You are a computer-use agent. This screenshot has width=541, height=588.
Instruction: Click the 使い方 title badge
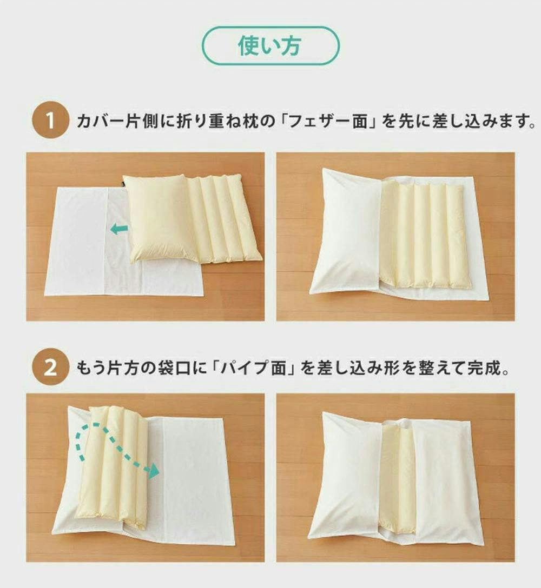pos(270,46)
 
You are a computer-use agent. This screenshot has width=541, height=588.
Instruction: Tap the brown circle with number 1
pos(50,122)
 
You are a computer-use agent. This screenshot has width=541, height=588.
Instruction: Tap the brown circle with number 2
pos(50,367)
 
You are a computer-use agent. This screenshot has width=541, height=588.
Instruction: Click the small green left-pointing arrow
pos(120,229)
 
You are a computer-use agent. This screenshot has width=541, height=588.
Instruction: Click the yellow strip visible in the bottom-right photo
pos(397,480)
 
